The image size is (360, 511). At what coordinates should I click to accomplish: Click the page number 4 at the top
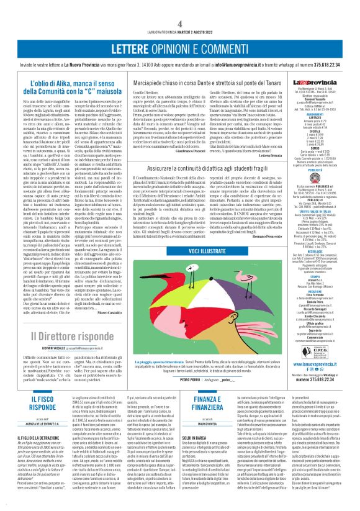[179, 6]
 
